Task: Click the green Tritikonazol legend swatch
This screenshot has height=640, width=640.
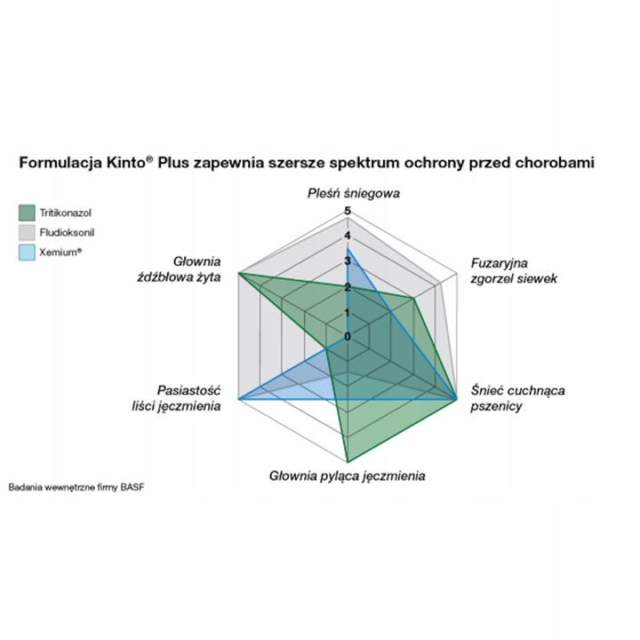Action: tap(26, 212)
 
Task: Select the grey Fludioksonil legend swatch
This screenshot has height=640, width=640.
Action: tap(26, 232)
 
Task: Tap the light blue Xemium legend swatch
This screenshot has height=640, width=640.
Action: tap(26, 252)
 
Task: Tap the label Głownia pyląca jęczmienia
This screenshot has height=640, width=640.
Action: tap(347, 476)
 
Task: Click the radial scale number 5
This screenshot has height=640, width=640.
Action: tap(348, 212)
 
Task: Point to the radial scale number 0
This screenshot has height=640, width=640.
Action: tap(348, 336)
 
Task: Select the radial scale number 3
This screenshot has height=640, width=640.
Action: tap(348, 261)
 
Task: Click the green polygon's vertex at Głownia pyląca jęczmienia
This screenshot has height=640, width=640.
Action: tap(348, 461)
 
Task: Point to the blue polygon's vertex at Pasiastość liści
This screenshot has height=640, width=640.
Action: tap(238, 400)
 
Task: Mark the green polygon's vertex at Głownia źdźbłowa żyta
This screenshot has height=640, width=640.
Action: tap(238, 274)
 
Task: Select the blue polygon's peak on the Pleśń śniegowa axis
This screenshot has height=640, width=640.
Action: tap(348, 248)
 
